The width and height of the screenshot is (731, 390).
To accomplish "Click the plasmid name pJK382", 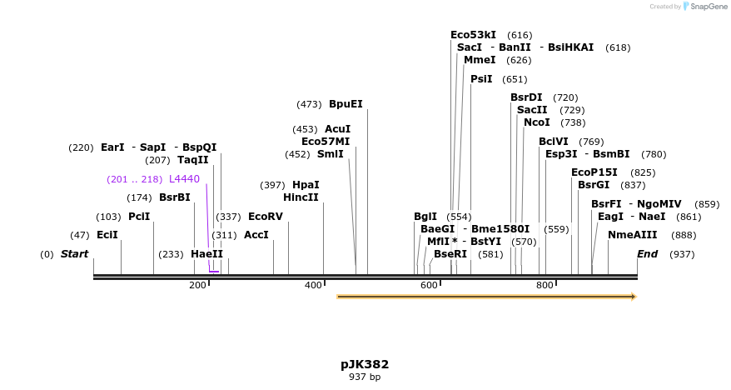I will pos(365,364).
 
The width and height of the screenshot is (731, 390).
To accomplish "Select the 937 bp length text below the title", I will pos(365,377).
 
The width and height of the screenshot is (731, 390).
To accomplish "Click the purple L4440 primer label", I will pos(184,179).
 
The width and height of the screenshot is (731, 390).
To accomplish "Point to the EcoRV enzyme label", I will pos(266,217).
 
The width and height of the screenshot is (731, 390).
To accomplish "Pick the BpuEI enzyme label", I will pos(346,104).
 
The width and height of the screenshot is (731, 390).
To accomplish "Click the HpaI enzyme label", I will pos(306,185).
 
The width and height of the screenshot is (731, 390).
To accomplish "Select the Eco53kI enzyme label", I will pos(473,35).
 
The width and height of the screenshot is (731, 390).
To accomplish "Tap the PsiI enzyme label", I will pos(481,79).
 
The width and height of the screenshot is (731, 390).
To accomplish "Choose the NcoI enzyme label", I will pos(537,122).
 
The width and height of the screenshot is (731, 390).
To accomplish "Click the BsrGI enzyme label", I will pos(594,185).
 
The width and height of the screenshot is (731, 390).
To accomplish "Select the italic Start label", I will pos(74,254).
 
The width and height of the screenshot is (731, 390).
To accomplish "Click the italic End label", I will pos(647,254).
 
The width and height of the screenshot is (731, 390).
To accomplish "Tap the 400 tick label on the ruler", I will pos(313,286).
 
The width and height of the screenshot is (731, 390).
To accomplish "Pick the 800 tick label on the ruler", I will pos(545,286).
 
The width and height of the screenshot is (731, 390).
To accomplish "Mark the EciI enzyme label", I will pos(107,235).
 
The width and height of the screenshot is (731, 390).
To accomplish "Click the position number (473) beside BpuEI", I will pos(309,104).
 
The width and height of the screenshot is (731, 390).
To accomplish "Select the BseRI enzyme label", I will pos(450,254).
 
